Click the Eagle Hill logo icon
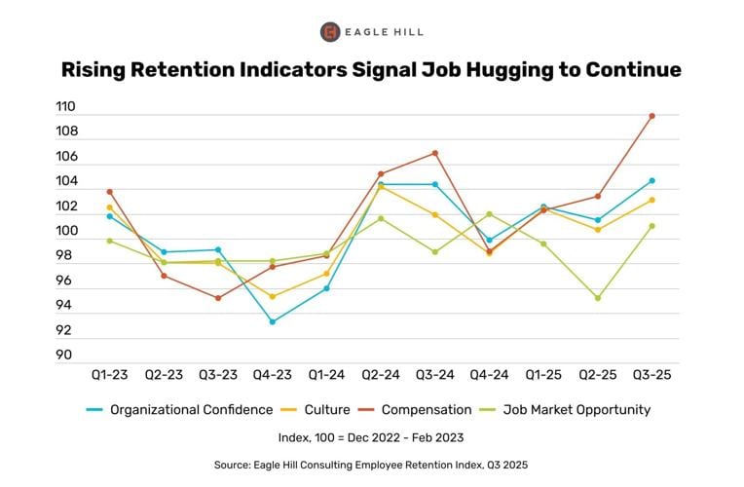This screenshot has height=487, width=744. [x=330, y=32]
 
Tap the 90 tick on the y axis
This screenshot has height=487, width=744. [x=64, y=356]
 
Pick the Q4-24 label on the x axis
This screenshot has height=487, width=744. [x=489, y=375]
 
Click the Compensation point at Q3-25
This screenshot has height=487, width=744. [x=651, y=116]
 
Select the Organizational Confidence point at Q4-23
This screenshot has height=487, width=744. [x=273, y=321]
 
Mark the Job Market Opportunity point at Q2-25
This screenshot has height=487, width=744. [x=598, y=298]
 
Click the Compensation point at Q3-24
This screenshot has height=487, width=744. [x=435, y=153]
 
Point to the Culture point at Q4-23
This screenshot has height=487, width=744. [x=273, y=297]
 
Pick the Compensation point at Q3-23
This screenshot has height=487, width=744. [x=218, y=298]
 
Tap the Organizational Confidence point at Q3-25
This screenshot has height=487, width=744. [x=651, y=180]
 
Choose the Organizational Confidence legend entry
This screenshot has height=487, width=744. [x=179, y=410]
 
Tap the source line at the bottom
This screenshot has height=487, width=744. [x=371, y=466]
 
